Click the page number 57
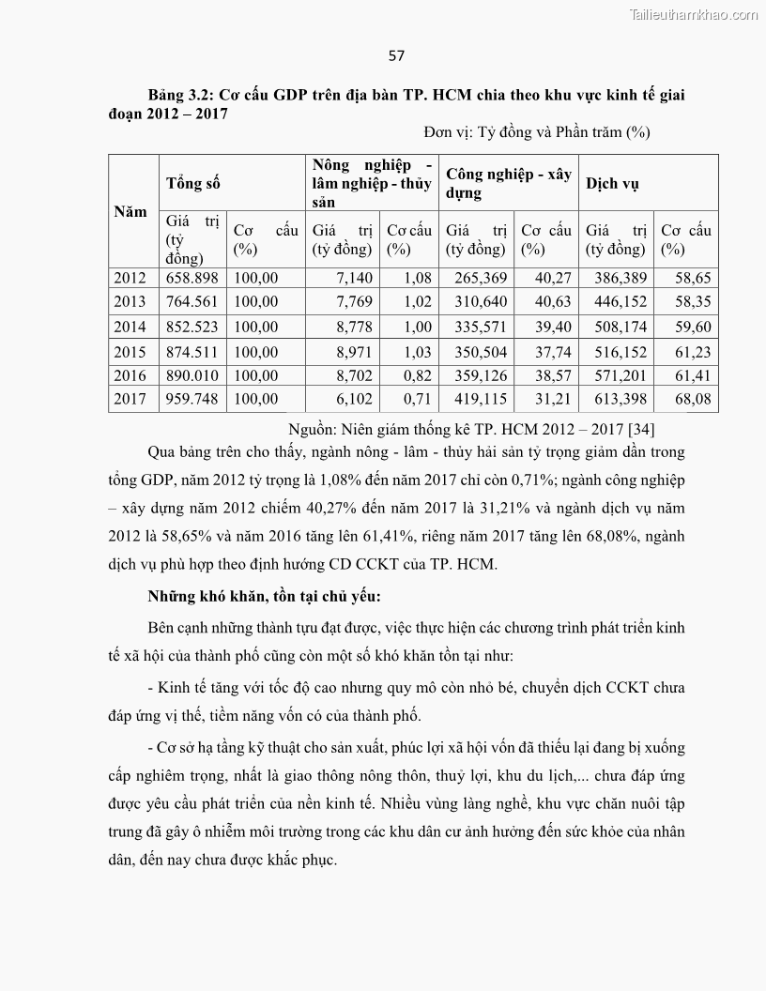point(396,55)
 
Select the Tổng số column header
point(193,183)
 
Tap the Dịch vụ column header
point(612,183)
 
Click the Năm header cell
point(130,211)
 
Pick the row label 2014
point(130,327)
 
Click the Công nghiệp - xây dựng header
point(508,183)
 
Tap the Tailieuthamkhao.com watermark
point(692,14)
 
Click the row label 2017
point(130,398)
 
